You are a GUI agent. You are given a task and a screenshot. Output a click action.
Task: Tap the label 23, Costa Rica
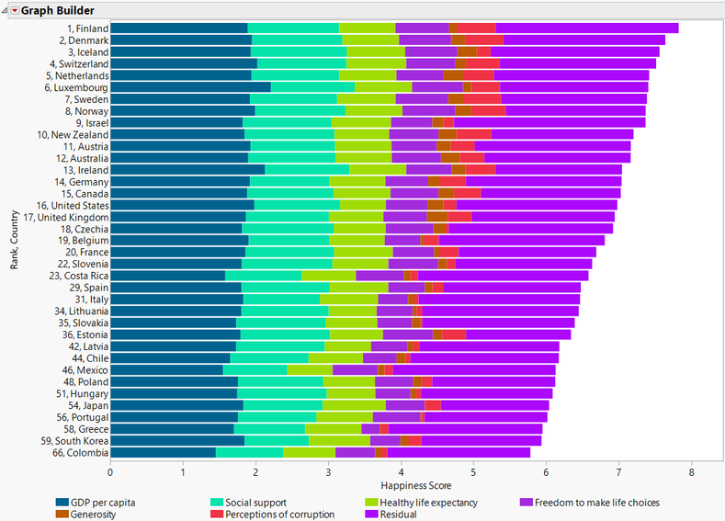(79, 276)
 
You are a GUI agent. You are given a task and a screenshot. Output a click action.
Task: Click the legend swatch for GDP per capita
(63, 503)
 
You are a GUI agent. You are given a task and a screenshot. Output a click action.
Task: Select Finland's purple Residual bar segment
(587, 28)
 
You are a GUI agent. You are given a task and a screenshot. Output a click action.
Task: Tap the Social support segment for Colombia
(249, 452)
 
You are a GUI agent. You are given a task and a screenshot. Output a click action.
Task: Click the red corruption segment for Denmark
(483, 40)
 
